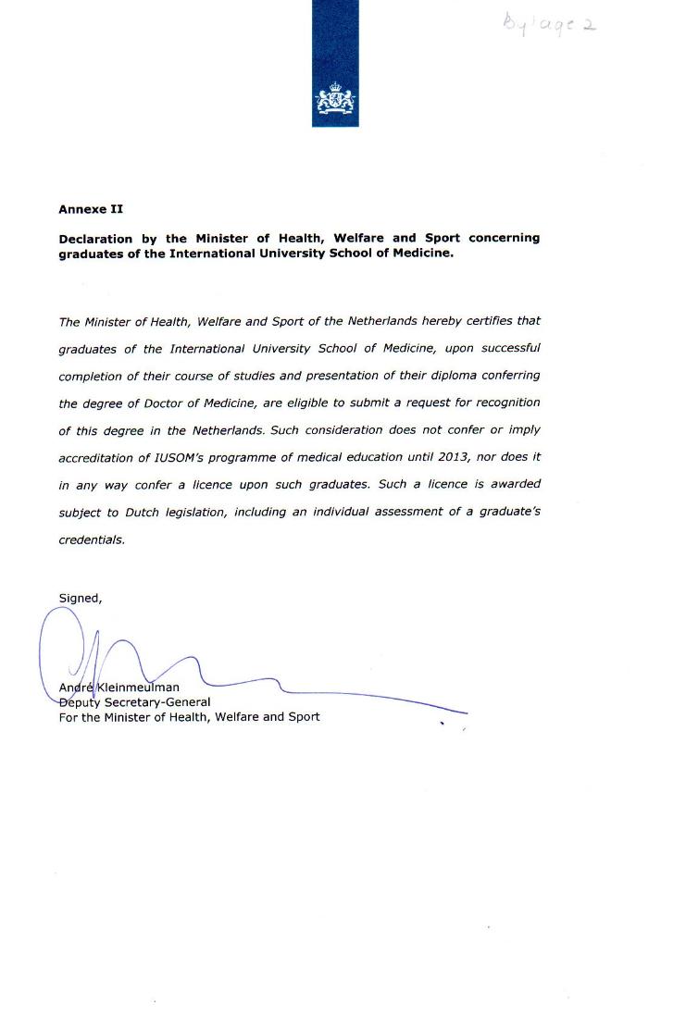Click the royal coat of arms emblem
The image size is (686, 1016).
[335, 100]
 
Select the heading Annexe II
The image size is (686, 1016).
[91, 209]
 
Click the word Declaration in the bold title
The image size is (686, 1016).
[95, 238]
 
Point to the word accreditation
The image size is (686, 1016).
[94, 456]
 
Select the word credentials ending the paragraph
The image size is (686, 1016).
[91, 539]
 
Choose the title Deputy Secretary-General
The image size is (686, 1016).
[134, 701]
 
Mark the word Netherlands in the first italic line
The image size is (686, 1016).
[383, 321]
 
